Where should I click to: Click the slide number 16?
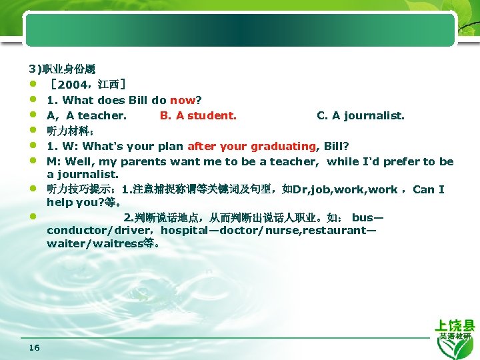click(x=35, y=347)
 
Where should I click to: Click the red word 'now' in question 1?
click(x=182, y=100)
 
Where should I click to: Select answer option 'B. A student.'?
click(x=198, y=115)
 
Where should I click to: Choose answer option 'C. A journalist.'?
click(x=360, y=115)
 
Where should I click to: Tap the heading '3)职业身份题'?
click(x=62, y=69)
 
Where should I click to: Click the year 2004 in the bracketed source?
click(x=75, y=85)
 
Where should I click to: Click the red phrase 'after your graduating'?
click(x=252, y=146)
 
